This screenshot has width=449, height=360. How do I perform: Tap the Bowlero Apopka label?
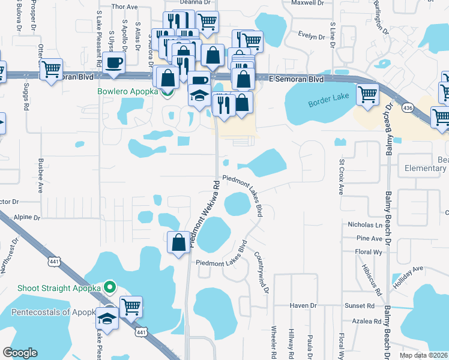click(127, 92)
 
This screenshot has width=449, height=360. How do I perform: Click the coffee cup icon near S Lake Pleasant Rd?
click(114, 62)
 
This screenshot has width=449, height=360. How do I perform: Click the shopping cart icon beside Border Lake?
click(367, 94)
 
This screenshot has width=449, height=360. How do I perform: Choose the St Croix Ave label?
click(341, 178)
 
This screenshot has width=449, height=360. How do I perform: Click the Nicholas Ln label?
click(365, 225)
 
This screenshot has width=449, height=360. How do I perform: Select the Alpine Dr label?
click(28, 218)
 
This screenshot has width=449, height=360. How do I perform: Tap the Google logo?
click(20, 353)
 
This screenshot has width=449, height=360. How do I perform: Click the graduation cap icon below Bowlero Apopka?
click(199, 95)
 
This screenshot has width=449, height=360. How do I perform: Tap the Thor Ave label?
click(125, 7)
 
